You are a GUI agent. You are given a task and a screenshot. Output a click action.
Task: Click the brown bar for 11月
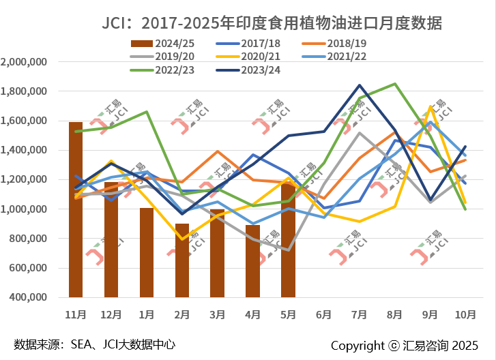pyautogui.click(x=76, y=210)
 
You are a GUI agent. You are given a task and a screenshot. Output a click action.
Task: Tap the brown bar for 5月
pyautogui.click(x=289, y=240)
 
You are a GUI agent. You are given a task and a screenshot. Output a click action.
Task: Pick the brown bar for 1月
pyautogui.click(x=147, y=252)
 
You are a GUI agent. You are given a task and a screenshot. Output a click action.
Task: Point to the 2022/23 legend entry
pyautogui.click(x=166, y=69)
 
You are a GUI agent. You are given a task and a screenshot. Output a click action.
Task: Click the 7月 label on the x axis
pyautogui.click(x=360, y=314)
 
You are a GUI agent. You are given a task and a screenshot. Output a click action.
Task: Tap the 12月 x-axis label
pyautogui.click(x=111, y=314)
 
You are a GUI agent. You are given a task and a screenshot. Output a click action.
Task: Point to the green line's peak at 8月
pyautogui.click(x=395, y=84)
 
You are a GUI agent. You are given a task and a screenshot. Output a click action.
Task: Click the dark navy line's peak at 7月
pyautogui.click(x=360, y=85)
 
